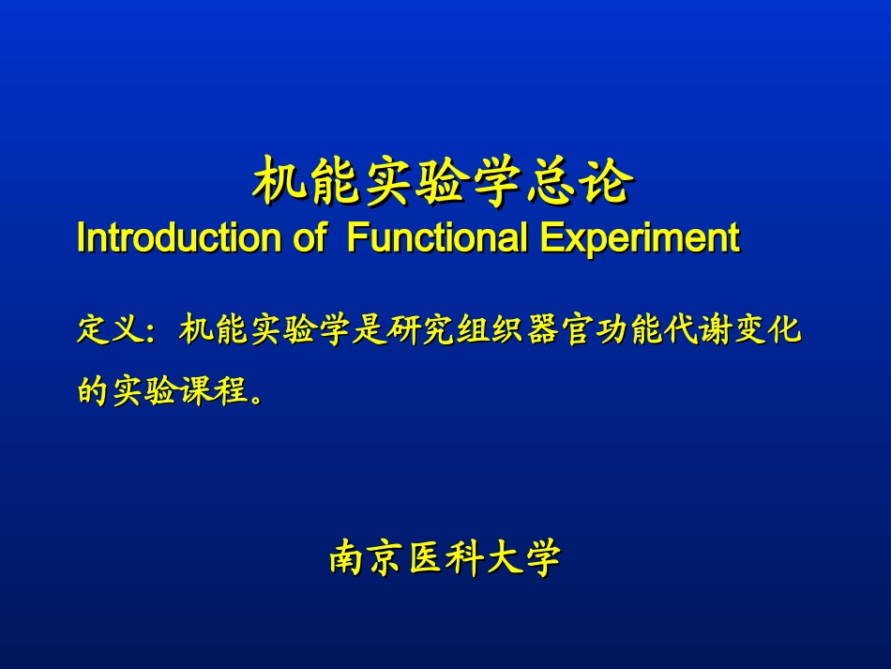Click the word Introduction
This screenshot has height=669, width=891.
179,237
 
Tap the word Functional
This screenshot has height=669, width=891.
437,237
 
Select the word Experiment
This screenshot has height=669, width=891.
640,238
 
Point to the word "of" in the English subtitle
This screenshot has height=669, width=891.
310,237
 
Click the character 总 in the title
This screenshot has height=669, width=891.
549,181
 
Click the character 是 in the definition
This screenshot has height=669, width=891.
368,329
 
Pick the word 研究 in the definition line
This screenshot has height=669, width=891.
419,329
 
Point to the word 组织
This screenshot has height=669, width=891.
490,329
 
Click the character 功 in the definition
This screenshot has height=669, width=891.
612,329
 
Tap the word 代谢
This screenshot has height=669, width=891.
699,329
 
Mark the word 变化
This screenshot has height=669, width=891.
768,329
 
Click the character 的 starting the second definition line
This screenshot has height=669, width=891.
93,390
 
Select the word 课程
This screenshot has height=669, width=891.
214,390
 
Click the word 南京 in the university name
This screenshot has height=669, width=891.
367,557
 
